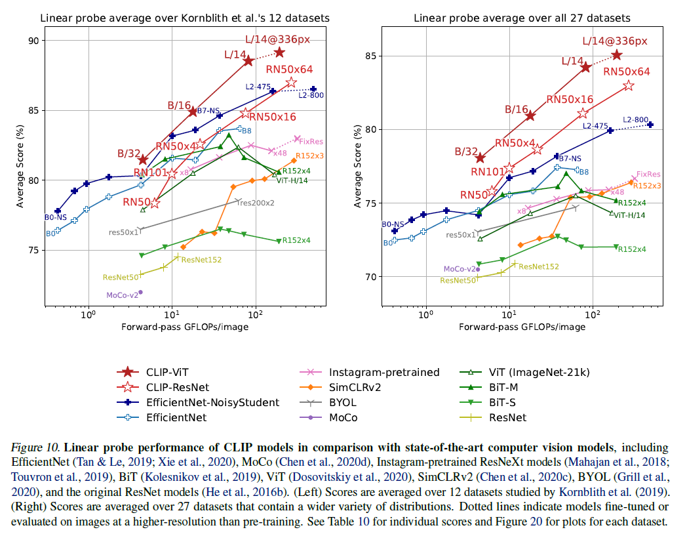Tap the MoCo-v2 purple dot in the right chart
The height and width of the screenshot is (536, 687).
click(478, 269)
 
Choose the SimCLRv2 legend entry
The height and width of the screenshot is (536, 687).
click(357, 387)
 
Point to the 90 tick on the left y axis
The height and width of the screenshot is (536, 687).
click(33, 41)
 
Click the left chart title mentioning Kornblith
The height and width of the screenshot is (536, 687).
click(185, 18)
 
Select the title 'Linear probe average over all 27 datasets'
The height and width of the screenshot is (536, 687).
click(522, 18)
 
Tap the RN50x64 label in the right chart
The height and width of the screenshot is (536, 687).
click(626, 72)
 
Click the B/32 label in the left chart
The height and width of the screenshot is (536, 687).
click(128, 153)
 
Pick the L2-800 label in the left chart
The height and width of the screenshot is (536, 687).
click(311, 96)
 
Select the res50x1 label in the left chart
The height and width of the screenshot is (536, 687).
click(124, 232)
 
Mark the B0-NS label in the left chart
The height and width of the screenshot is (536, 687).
click(56, 217)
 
